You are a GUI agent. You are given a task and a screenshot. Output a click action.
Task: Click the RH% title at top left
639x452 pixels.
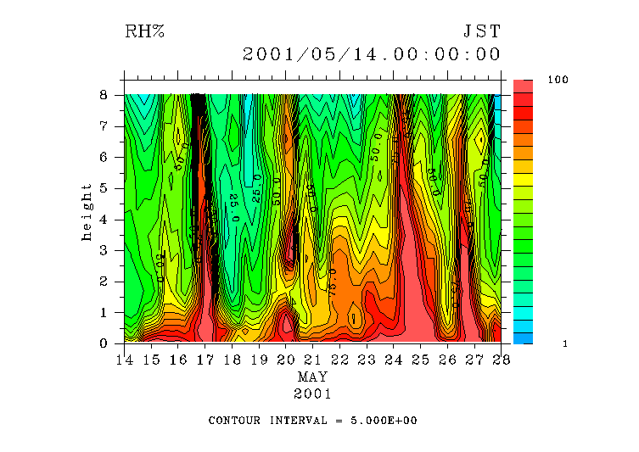coord(144,32)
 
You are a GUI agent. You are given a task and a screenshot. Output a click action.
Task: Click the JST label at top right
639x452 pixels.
coord(482,32)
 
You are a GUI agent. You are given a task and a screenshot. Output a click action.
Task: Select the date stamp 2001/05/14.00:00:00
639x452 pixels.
coord(372,55)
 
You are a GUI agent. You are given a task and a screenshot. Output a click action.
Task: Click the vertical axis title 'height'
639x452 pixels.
coord(87,211)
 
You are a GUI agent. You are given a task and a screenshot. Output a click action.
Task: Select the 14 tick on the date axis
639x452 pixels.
coord(124,360)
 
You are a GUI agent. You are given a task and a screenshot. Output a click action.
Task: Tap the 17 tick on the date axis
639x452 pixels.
coord(205,360)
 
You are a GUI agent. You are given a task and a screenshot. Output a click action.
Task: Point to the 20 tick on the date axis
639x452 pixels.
coord(285,360)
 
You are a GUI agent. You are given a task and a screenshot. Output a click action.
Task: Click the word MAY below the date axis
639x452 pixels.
coord(312,377)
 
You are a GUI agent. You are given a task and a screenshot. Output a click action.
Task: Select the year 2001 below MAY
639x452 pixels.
coord(312,393)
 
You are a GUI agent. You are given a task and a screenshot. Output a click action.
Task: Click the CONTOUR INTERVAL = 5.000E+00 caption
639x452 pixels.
coord(312,421)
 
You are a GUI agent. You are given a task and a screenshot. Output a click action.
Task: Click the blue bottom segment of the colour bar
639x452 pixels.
coord(523,338)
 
